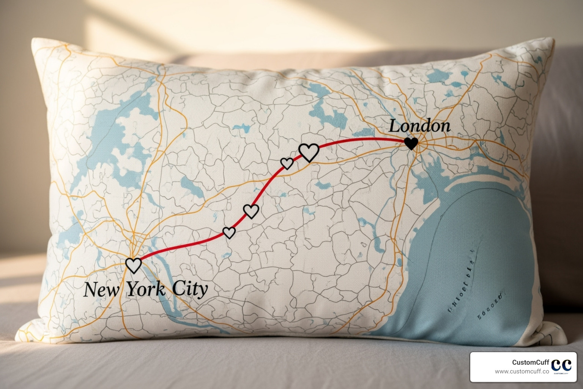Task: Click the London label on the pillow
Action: pyautogui.click(x=420, y=127)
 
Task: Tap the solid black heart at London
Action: pyautogui.click(x=411, y=143)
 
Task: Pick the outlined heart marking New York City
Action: pyautogui.click(x=133, y=265)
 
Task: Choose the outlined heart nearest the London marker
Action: pyautogui.click(x=309, y=152)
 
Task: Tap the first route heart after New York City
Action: pyautogui.click(x=229, y=232)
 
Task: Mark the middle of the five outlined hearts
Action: pyautogui.click(x=251, y=211)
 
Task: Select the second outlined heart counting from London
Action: pyautogui.click(x=287, y=163)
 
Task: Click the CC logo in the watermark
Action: pyautogui.click(x=561, y=365)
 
